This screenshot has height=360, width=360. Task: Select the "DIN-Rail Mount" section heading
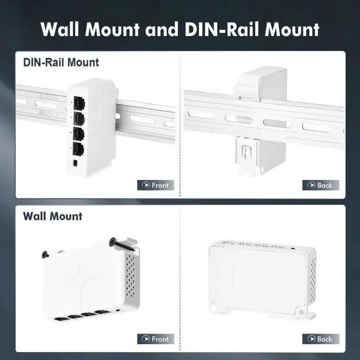[x=61, y=62]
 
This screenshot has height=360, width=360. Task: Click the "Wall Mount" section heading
[x=52, y=216]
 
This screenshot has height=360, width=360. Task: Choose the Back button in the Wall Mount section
[x=321, y=339]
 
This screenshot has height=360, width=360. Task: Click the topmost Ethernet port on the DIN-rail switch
[x=78, y=102]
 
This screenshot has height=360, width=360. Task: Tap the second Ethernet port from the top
[x=78, y=119]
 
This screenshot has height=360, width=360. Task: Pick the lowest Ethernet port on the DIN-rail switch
[x=78, y=150]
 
